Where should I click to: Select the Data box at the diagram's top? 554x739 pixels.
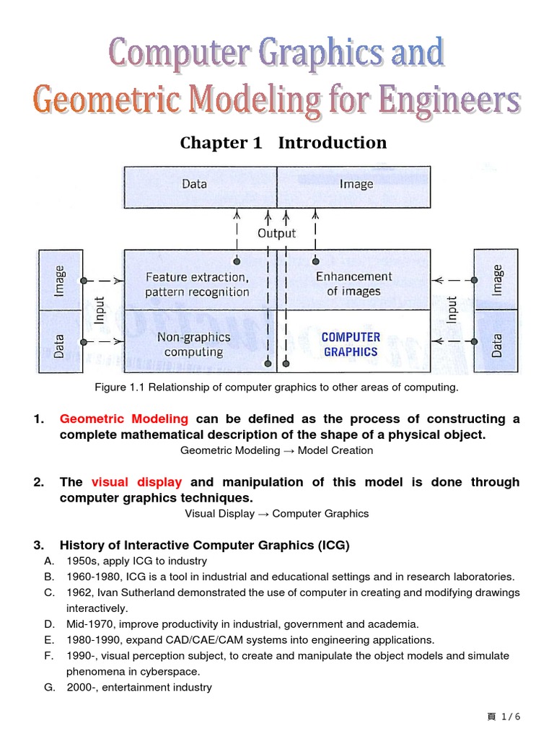coord(194,184)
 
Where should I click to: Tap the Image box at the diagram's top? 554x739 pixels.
coord(356,184)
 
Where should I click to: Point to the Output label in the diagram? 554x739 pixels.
coord(277,233)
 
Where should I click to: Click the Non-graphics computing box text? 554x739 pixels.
coord(193,344)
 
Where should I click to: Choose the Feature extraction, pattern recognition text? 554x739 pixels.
coord(197,284)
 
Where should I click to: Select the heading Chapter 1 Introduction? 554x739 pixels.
coord(283,143)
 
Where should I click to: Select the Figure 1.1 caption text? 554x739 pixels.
coord(277,388)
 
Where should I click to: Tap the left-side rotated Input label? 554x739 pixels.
coord(100,310)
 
